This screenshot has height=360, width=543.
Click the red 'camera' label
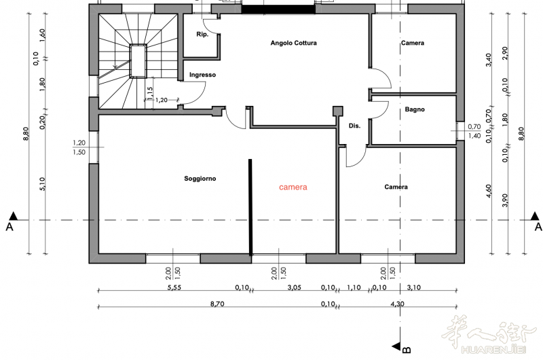click(x=293, y=187)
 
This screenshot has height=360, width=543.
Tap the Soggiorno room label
click(x=200, y=179)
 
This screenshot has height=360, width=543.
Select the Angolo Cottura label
click(x=293, y=43)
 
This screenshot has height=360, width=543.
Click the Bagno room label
click(x=415, y=109)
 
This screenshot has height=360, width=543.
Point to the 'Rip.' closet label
click(x=202, y=35)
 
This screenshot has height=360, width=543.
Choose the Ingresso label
click(x=202, y=75)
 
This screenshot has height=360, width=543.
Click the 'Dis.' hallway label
click(x=354, y=126)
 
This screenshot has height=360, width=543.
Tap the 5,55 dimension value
click(x=174, y=287)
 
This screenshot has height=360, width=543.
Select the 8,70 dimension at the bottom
click(x=217, y=304)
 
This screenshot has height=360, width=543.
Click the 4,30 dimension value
click(x=397, y=304)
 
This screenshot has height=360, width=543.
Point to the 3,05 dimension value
click(x=295, y=287)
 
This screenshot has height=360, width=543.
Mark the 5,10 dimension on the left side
click(x=42, y=184)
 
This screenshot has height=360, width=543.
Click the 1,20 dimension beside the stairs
click(x=162, y=100)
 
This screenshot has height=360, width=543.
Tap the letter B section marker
click(x=407, y=350)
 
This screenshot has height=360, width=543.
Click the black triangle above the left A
click(x=13, y=216)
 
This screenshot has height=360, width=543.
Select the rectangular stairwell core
click(x=138, y=61)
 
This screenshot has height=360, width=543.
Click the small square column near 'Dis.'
click(x=337, y=111)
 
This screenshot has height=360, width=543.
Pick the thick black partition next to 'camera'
click(x=250, y=207)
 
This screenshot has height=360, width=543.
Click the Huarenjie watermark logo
click(x=491, y=334)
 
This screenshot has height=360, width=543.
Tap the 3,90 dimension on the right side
click(x=505, y=200)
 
